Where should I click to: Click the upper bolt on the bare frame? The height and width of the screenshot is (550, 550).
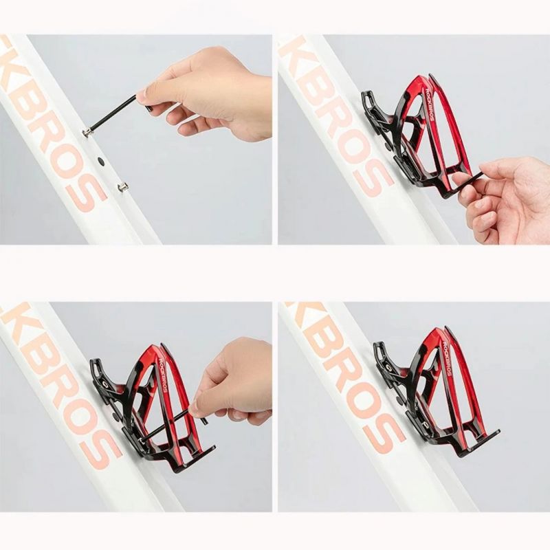[x=88, y=132]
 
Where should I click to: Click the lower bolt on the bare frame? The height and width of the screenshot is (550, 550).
[x=122, y=186]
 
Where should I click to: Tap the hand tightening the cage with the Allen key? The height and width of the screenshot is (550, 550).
[x=230, y=385]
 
